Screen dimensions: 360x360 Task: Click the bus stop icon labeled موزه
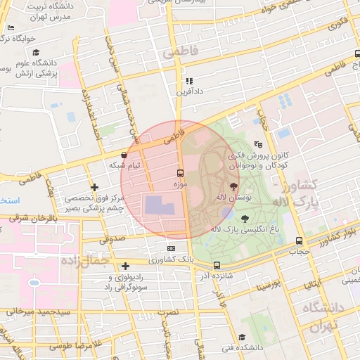coord(181,172)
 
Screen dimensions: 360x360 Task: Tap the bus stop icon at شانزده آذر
coord(217,266)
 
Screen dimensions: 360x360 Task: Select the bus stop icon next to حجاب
coord(299,241)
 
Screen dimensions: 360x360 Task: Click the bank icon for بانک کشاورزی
coord(172,249)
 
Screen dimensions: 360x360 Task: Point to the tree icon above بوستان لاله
coord(233,186)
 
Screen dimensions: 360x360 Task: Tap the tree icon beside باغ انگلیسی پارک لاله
coord(244,219)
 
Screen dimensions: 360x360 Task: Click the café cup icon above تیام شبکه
coord(124,155)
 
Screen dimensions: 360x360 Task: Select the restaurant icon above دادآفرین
coord(189,82)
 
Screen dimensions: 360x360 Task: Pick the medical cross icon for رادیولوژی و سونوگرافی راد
coord(125,266)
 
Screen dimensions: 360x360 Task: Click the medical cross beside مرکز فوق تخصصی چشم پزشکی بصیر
coord(94,187)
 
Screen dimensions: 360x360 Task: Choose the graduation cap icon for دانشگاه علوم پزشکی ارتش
coord(36,53)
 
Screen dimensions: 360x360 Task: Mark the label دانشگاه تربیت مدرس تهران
coord(48,12)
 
